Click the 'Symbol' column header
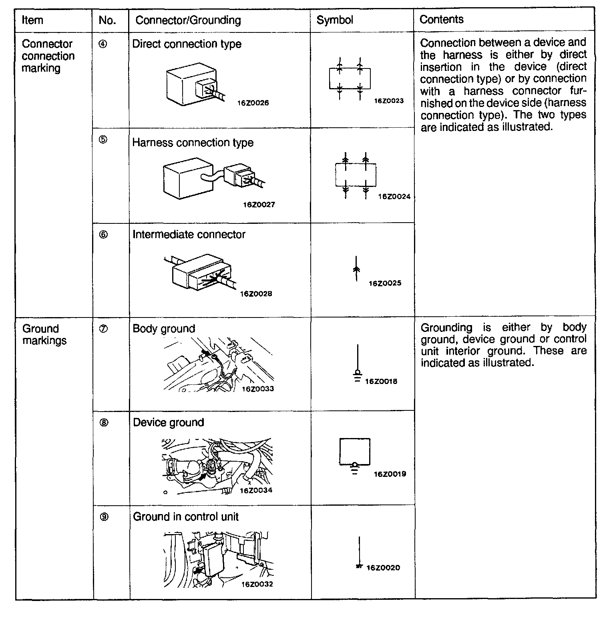tap(335, 20)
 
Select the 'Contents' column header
tap(441, 20)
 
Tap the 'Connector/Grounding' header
tap(188, 20)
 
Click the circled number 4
tap(103, 44)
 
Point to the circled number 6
tap(103, 235)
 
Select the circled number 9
tap(103, 517)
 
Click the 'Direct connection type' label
tap(187, 44)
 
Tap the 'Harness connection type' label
tap(193, 143)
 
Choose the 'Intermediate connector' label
tap(189, 235)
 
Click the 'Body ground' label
tap(164, 329)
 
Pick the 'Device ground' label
tap(168, 423)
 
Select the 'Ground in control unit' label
tap(185, 517)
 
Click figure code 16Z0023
tap(388, 101)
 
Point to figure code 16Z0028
tap(256, 294)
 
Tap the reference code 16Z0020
tap(383, 568)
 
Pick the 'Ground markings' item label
tap(44, 335)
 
